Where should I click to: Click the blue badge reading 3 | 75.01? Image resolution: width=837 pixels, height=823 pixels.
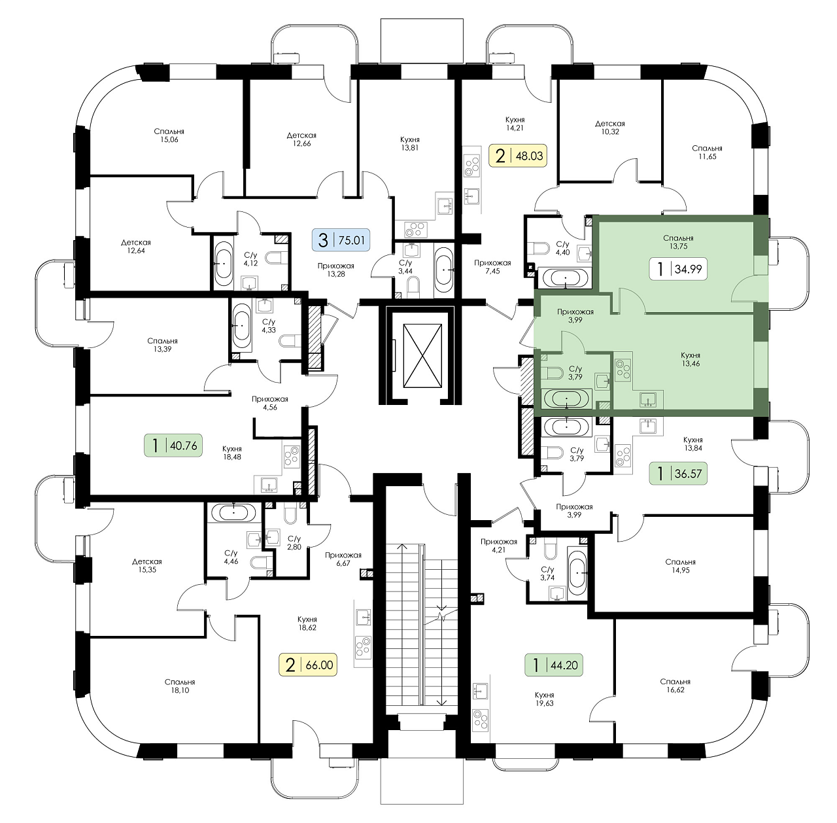point(341,239)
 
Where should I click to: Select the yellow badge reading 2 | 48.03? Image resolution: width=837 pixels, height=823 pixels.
point(518,156)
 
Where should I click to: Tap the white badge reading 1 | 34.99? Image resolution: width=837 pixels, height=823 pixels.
point(678,269)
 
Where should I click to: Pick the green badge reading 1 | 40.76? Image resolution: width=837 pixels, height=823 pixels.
point(173,446)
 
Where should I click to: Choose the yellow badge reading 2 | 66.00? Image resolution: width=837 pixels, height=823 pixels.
point(309,665)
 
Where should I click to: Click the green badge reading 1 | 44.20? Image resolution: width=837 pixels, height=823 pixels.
point(554,665)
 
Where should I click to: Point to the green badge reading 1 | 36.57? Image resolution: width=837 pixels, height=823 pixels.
point(678,473)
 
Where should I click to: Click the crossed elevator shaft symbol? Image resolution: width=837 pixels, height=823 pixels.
point(422,355)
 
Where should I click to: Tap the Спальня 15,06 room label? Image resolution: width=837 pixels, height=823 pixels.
point(169,135)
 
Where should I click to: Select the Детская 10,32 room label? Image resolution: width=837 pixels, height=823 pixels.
point(610,128)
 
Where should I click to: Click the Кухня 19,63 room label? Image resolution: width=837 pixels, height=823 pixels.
point(544,699)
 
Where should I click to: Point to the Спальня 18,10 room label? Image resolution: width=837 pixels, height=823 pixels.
point(180,686)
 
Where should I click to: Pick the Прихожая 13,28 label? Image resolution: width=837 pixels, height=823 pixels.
point(335,270)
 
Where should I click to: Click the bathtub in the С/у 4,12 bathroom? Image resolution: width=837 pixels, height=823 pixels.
point(224,264)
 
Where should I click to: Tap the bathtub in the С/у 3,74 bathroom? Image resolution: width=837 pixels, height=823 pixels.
point(577,573)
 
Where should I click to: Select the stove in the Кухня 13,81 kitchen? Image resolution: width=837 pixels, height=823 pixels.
point(415,229)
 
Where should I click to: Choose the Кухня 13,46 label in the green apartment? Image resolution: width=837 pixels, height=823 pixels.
point(691,359)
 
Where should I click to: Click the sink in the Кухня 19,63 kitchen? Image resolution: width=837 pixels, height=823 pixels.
point(481,690)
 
